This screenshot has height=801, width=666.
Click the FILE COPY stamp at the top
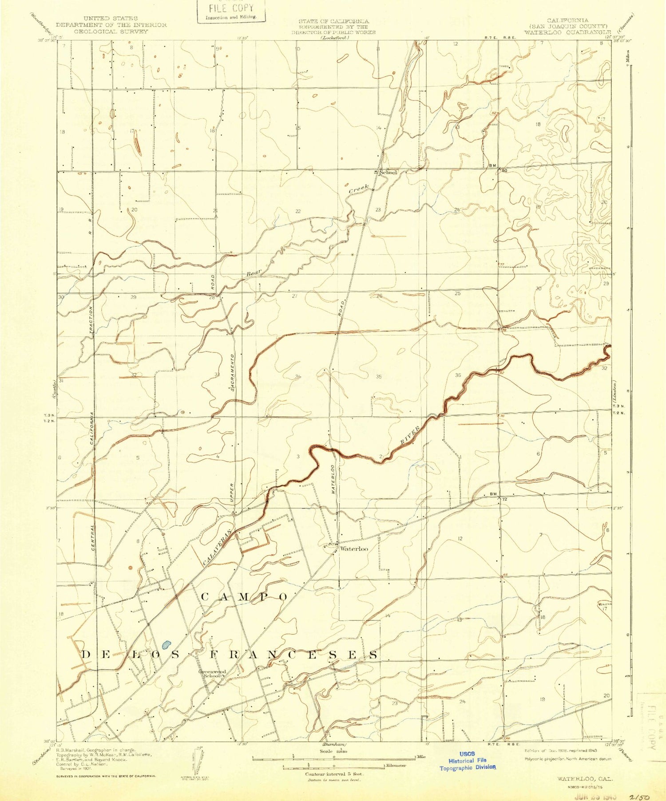coord(231,11)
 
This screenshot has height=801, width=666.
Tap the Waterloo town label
coord(354,549)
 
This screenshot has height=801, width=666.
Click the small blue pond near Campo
coord(166,644)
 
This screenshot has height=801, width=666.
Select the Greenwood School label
coord(212,674)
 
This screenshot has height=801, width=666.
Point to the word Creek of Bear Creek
coord(359,189)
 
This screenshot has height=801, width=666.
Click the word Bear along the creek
coord(254,272)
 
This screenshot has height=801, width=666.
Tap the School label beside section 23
coord(388,172)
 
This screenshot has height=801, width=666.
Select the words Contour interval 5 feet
coord(334,774)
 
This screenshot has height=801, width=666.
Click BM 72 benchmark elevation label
coord(498,497)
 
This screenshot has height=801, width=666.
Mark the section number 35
coord(379,377)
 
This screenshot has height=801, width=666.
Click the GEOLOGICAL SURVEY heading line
coord(111,32)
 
